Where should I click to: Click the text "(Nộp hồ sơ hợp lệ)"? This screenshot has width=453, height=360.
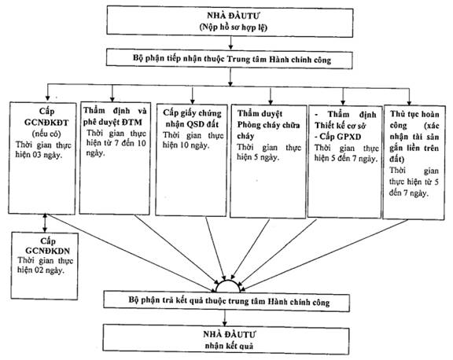(233, 28)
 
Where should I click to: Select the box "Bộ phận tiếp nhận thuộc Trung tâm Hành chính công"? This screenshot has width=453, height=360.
(230, 60)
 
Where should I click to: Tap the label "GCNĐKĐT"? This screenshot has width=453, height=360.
(46, 123)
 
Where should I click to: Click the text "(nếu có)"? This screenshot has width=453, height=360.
(46, 134)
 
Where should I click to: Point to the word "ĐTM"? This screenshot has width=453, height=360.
(132, 123)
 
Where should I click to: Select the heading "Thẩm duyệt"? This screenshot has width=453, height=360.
(260, 114)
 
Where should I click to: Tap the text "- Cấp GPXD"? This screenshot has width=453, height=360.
(337, 137)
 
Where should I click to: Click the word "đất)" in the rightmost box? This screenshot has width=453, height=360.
(397, 159)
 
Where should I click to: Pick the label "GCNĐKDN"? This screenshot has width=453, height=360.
(47, 251)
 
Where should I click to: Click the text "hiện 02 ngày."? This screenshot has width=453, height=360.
(40, 270)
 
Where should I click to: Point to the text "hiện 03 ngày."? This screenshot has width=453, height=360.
(39, 155)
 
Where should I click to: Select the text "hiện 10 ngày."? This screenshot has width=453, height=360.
(186, 145)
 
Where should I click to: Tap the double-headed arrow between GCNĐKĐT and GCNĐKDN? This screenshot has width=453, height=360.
(45, 223)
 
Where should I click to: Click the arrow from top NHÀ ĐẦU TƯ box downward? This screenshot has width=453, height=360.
(230, 43)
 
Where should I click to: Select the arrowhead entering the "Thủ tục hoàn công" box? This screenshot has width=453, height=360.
(409, 103)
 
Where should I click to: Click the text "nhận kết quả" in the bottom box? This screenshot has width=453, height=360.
(229, 346)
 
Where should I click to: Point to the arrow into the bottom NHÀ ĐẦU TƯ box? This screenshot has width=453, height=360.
(225, 318)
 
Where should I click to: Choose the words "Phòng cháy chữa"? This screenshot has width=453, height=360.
(268, 125)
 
